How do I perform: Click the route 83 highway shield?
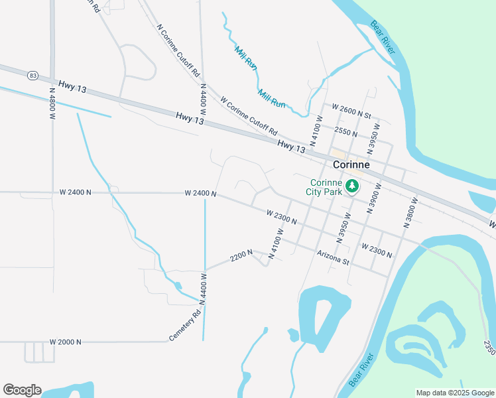[x=32, y=76]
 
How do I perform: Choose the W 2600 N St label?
[x=351, y=107]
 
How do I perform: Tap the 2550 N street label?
[x=346, y=131]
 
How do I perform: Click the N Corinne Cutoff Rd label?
[x=178, y=52]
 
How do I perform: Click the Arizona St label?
[x=333, y=257]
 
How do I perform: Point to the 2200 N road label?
[x=241, y=255]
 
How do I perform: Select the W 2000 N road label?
[x=65, y=342]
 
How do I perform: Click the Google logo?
[x=22, y=390]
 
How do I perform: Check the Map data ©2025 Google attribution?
[x=455, y=393]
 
